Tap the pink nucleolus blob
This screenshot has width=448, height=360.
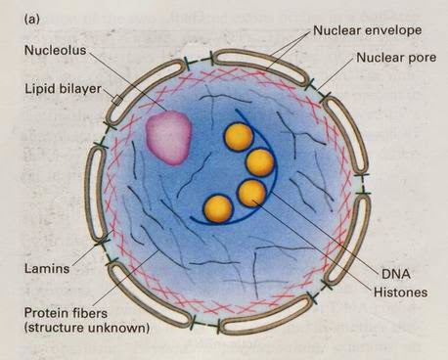pyautogui.click(x=168, y=135)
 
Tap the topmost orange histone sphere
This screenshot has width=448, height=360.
pyautogui.click(x=239, y=136)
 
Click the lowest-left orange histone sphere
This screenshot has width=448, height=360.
pyautogui.click(x=217, y=208)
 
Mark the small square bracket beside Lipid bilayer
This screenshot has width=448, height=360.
pyautogui.click(x=116, y=100)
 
